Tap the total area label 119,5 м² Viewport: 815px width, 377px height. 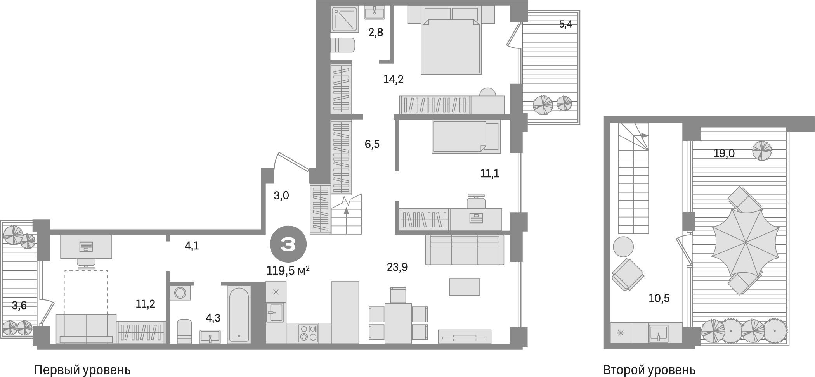click(288, 270)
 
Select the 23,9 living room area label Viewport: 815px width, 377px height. click(397, 267)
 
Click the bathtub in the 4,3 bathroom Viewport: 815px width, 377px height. click(238, 315)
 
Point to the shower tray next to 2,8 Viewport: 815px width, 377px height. click(344, 19)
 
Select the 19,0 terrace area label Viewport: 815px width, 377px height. click(724, 154)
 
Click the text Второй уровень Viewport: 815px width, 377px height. click(649, 370)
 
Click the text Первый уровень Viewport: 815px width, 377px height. click(82, 370)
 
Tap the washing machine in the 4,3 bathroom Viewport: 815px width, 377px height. click(180, 292)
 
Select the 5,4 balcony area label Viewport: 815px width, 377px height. click(565, 24)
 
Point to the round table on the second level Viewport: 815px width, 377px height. click(623, 247)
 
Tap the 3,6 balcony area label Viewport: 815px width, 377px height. click(19, 306)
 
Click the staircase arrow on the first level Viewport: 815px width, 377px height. click(346, 211)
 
